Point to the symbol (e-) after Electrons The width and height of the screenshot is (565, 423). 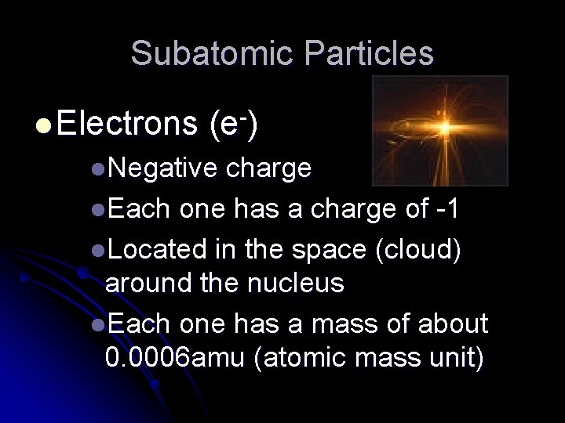235,124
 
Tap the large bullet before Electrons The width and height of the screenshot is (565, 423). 43,125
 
